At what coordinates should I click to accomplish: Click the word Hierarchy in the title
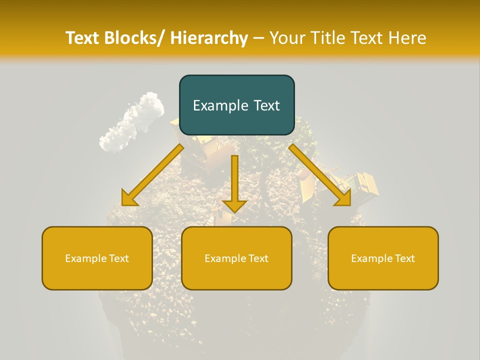coord(209,38)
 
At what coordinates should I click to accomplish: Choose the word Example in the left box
coord(83,258)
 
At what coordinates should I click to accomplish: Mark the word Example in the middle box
coord(223,258)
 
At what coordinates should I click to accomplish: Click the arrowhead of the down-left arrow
coord(129,198)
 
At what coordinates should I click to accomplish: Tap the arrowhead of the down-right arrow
coord(343,197)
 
